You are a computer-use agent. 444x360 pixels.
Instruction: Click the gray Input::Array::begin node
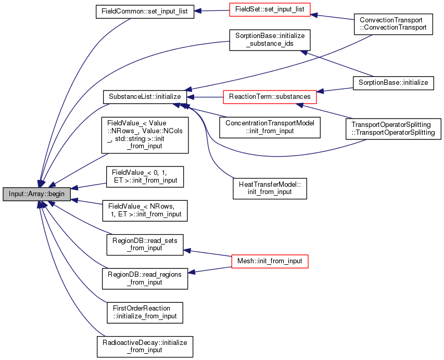pyautogui.click(x=36, y=194)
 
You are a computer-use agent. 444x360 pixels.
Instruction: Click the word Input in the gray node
pyautogui.click(x=17, y=194)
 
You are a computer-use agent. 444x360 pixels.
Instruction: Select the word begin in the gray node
pyautogui.click(x=56, y=194)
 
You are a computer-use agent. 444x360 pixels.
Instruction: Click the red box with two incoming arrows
pyautogui.click(x=270, y=97)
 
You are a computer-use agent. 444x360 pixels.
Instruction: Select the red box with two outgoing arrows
pyautogui.click(x=270, y=261)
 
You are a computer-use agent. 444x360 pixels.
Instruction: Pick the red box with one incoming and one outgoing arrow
pyautogui.click(x=270, y=9)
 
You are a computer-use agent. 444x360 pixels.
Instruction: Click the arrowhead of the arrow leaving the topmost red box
pyautogui.click(x=198, y=10)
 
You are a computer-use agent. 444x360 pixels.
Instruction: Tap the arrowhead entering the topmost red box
pyautogui.click(x=314, y=15)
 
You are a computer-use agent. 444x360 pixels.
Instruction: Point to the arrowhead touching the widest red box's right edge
pyautogui.click(x=321, y=92)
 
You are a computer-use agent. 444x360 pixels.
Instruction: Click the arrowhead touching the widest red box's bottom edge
pyautogui.click(x=299, y=105)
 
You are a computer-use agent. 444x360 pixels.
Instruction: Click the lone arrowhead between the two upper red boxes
pyautogui.click(x=304, y=53)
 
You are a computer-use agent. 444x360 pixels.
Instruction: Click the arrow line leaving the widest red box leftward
pyautogui.click(x=208, y=97)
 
